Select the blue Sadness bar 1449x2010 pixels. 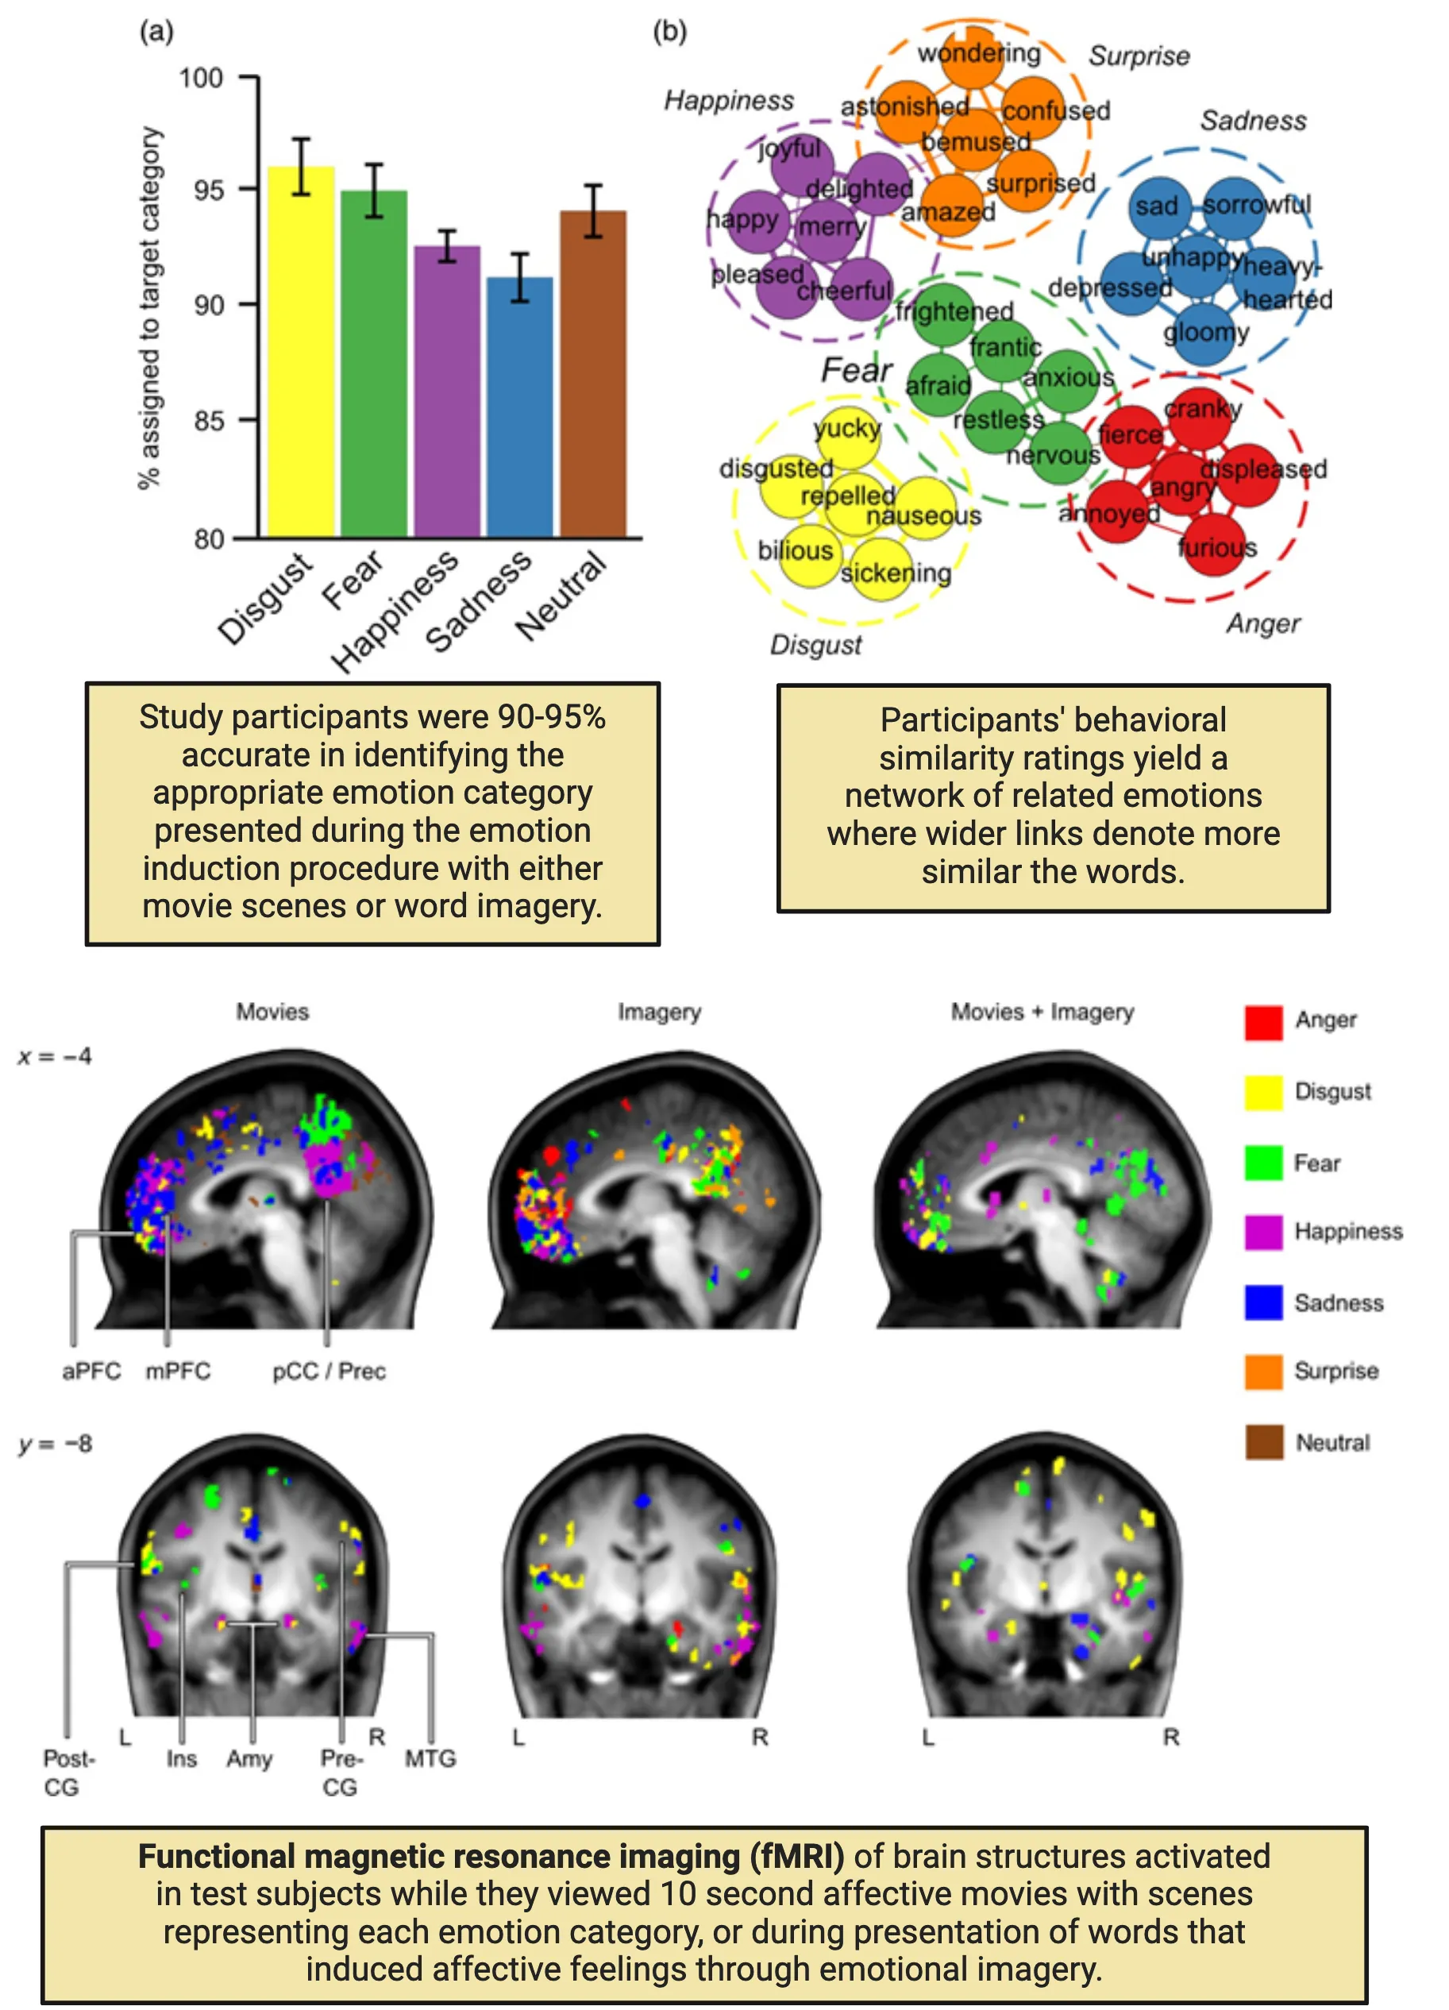[x=519, y=407]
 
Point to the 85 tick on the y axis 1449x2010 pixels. [x=209, y=420]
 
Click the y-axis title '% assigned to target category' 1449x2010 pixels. [x=150, y=307]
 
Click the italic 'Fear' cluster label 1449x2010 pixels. [x=855, y=369]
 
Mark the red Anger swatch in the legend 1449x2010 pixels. [x=1263, y=1022]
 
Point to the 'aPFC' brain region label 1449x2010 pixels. [x=91, y=1371]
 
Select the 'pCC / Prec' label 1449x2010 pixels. [x=329, y=1371]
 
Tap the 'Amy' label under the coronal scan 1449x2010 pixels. [x=249, y=1758]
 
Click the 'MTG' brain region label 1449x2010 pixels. [x=430, y=1758]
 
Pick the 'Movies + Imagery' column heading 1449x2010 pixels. [x=1042, y=1012]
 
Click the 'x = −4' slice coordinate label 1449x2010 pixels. [x=55, y=1056]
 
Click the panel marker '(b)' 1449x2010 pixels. [x=669, y=32]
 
